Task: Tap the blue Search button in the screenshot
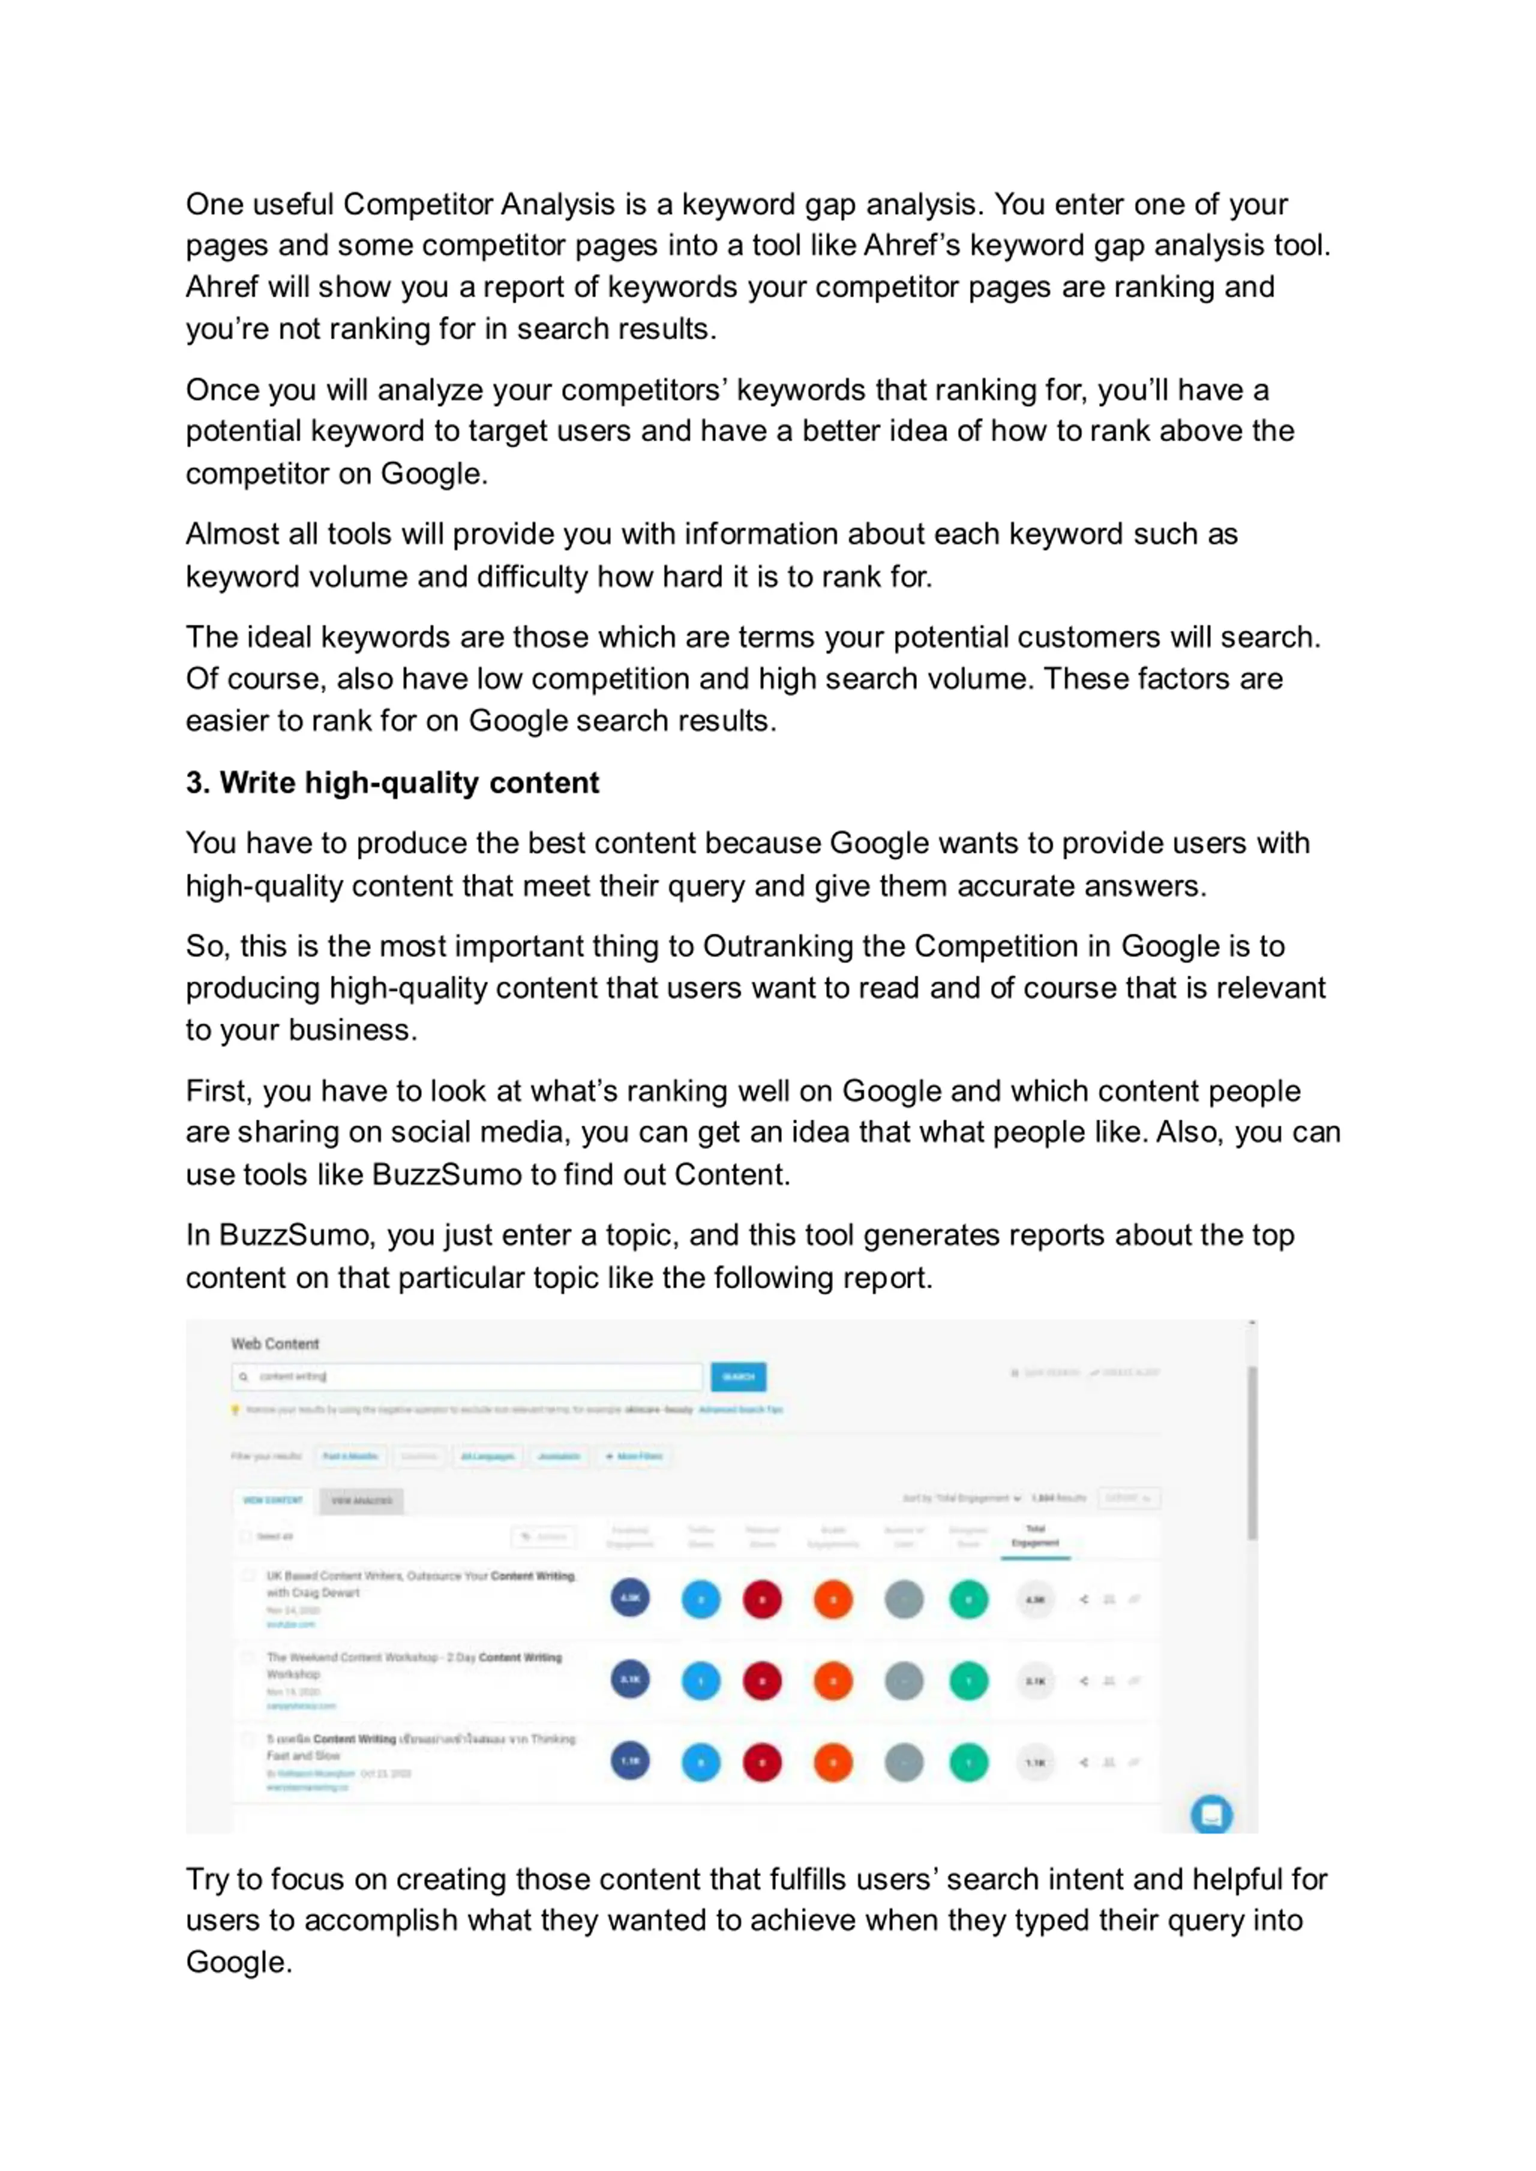[738, 1377]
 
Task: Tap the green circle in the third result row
[968, 1763]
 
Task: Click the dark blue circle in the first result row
[630, 1599]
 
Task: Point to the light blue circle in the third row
[701, 1763]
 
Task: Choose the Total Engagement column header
[1035, 1535]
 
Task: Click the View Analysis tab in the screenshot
[361, 1501]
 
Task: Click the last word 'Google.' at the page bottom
[238, 1962]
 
